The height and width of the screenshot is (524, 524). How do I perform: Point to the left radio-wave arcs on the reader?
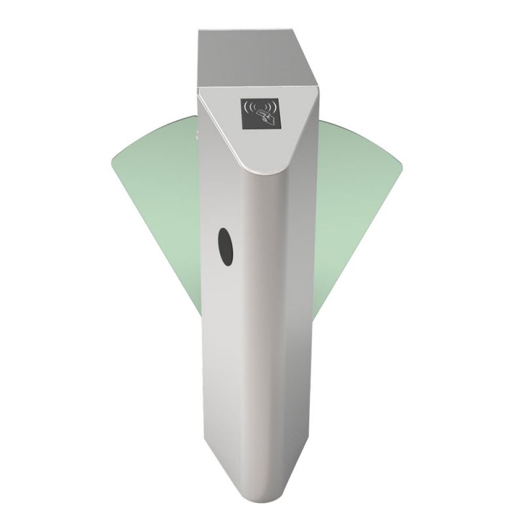pos(248,106)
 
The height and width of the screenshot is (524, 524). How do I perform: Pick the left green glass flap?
pos(154,196)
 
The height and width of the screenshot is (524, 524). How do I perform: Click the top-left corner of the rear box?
pos(199,29)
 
